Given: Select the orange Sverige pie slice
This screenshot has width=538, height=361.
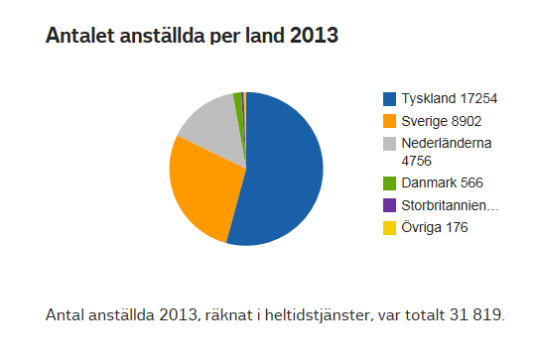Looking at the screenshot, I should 203,193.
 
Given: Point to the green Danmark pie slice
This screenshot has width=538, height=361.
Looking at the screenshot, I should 238,99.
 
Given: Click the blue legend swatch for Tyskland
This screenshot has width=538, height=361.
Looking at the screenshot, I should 390,98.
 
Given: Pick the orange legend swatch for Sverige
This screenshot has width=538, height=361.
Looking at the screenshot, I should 390,120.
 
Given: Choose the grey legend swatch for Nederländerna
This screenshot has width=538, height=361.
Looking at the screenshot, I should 390,144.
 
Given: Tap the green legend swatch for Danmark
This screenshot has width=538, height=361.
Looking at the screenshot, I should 390,183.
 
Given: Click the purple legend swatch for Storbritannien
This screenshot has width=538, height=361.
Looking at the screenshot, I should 390,205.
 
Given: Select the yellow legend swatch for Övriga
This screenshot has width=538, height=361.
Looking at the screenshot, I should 390,228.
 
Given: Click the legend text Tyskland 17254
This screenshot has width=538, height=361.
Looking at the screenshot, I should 449,98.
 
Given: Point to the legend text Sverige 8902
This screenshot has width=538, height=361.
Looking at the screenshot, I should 442,120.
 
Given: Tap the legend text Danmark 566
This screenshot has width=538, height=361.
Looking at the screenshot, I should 441,183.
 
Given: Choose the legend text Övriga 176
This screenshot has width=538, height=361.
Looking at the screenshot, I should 434,228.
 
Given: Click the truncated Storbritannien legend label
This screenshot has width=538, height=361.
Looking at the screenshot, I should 450,205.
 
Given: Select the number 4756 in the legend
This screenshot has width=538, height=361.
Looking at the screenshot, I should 418,159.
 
